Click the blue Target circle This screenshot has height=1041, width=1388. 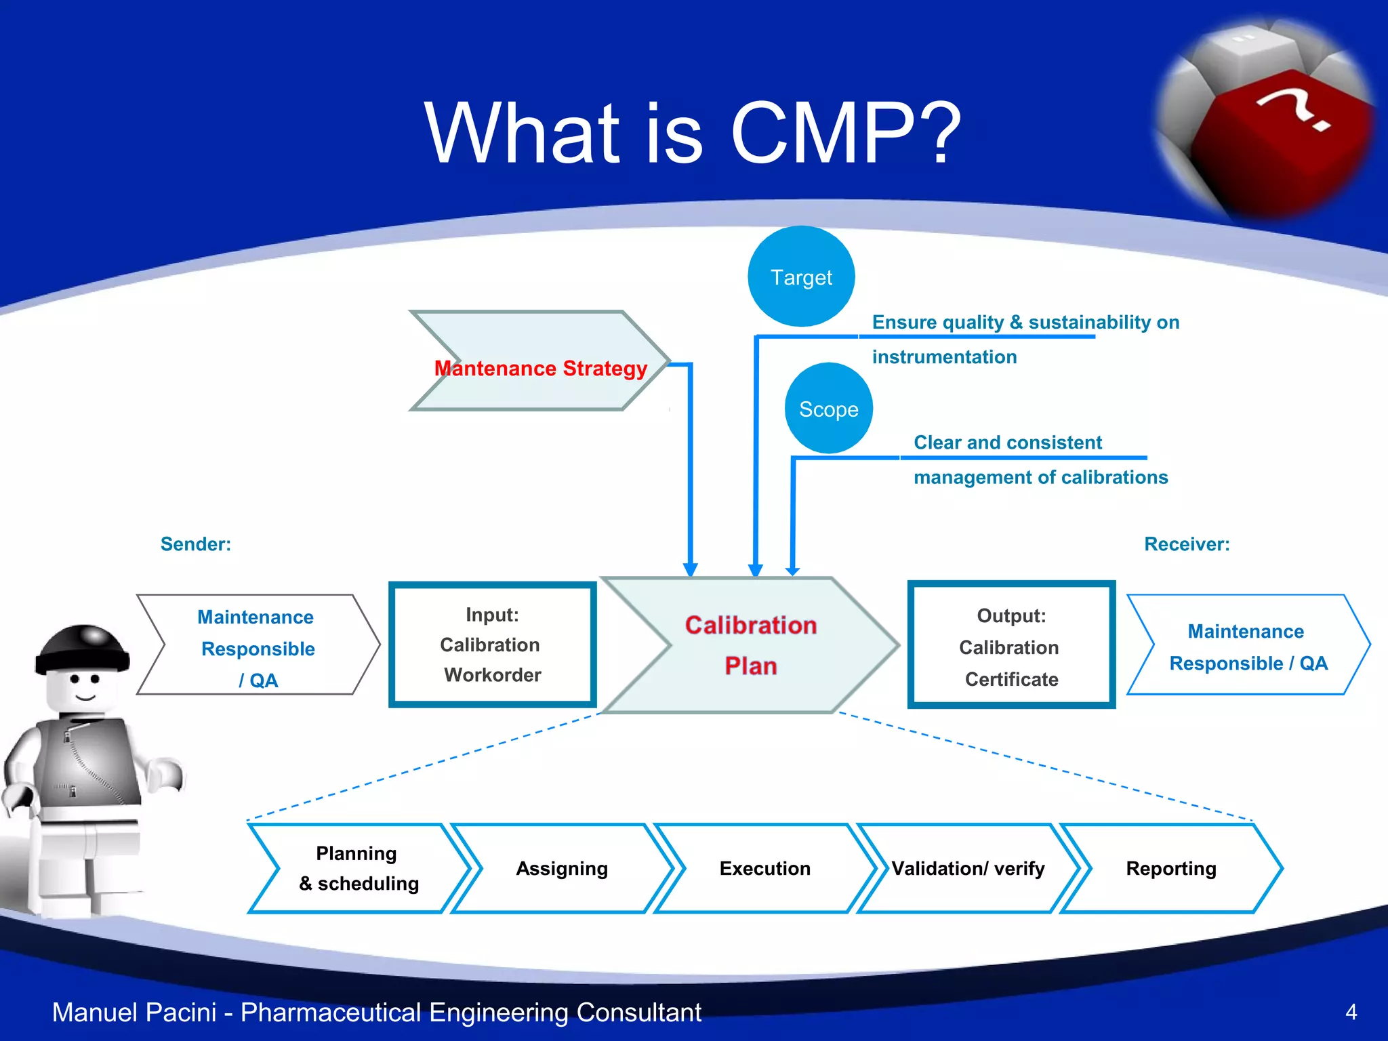point(801,277)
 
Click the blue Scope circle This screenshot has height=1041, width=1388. point(828,409)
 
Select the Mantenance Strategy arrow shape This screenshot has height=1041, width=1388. point(540,361)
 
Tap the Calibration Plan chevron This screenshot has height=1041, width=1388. point(750,645)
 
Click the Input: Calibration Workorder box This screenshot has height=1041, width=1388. point(492,645)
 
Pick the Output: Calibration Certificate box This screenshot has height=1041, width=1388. point(1011,646)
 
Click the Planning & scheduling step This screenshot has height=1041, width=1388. point(359,868)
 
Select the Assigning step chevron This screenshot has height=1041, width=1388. point(562,868)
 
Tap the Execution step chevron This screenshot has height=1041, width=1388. point(764,868)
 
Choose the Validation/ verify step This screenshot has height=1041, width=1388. point(968,868)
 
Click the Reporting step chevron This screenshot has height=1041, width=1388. point(1170,868)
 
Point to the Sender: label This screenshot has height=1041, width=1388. point(195,544)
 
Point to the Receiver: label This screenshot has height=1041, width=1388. point(1186,544)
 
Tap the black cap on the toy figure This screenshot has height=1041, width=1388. point(83,648)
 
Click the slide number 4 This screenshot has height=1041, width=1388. point(1351,1012)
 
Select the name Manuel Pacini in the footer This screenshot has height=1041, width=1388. point(134,1012)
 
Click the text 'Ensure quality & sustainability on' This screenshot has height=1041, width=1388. point(1025,322)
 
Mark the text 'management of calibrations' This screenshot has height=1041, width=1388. point(1040,477)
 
